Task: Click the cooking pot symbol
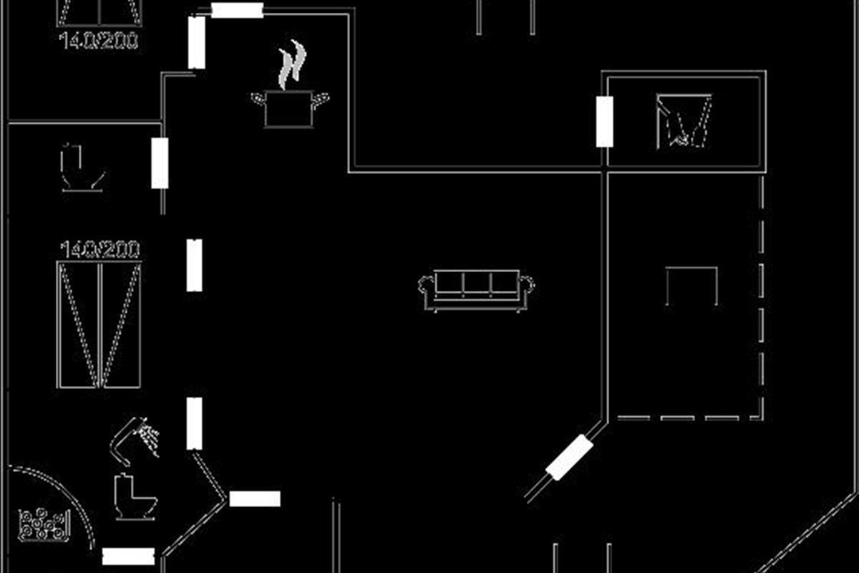click(289, 109)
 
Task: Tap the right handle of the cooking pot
click(323, 97)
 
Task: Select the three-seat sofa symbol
click(476, 290)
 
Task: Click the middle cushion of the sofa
click(476, 284)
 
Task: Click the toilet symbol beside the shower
click(134, 496)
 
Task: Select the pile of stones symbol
click(44, 524)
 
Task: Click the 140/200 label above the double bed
click(100, 250)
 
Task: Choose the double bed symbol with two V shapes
click(100, 324)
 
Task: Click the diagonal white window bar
click(570, 458)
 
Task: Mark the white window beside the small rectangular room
click(605, 122)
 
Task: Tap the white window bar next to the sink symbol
click(160, 163)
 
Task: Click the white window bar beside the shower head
click(194, 423)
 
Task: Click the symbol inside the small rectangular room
click(684, 120)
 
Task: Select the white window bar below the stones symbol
click(129, 557)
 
